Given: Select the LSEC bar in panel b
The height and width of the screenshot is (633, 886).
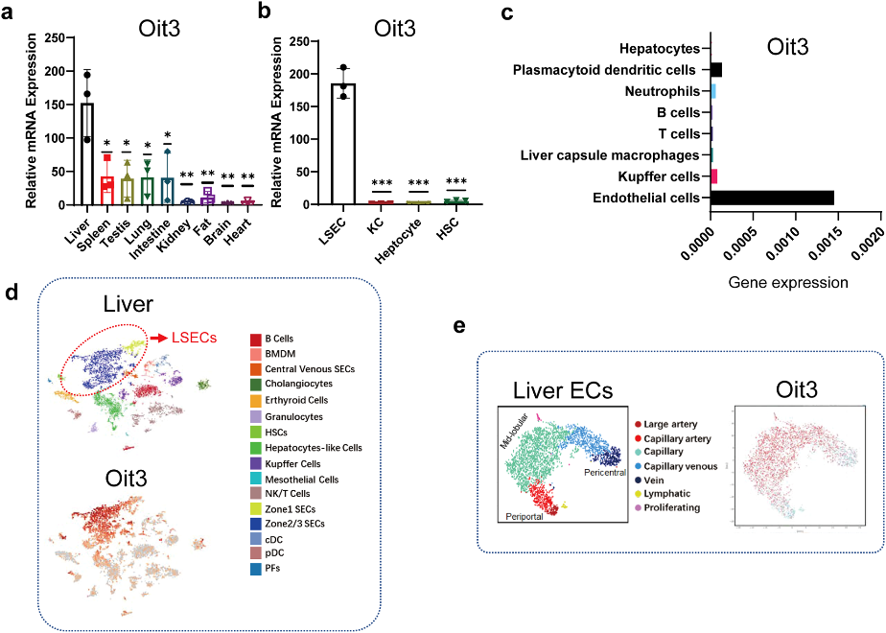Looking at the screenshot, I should point(343,144).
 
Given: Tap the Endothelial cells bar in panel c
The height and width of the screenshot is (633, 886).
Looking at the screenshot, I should point(772,199).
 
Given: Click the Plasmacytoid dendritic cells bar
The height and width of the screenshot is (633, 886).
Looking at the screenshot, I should point(716,70).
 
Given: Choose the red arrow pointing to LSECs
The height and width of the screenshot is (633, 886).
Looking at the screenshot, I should point(156,338).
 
